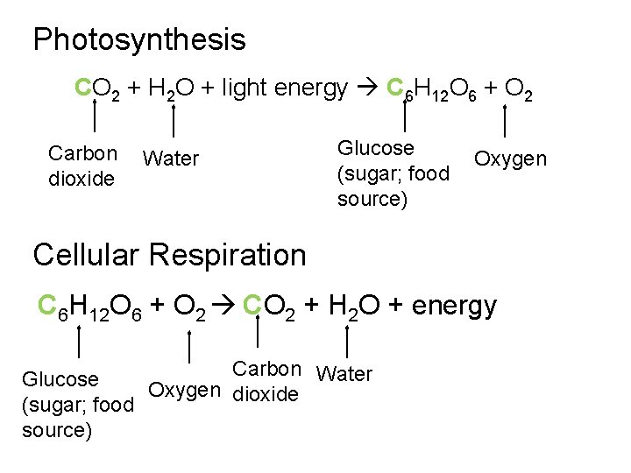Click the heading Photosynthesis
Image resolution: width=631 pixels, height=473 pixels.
139,39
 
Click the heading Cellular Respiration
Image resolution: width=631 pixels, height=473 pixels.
169,255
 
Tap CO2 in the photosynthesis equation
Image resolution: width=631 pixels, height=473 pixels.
97,89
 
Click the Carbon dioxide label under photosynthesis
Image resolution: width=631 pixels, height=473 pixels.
82,166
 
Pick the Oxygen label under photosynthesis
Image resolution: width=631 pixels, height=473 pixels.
510,159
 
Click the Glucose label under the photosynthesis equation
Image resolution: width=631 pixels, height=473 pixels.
393,173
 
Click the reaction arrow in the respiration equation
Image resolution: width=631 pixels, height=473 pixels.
224,307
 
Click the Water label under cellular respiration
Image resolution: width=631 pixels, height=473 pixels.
344,374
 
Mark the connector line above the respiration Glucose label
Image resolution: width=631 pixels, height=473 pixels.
80,340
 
